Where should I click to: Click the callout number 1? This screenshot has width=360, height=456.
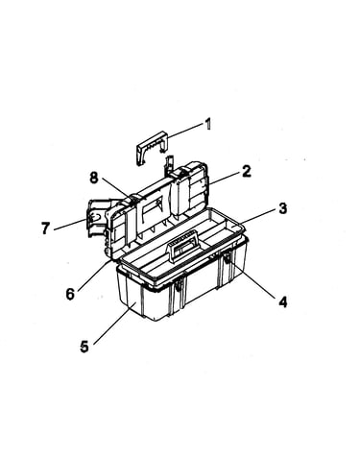click(x=207, y=124)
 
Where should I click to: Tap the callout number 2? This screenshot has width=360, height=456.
click(x=247, y=171)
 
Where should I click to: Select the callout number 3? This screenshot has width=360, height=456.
click(x=282, y=208)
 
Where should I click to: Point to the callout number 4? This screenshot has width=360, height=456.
click(x=283, y=301)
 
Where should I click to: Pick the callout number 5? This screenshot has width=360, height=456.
click(x=84, y=347)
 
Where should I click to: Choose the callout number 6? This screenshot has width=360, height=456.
click(x=71, y=294)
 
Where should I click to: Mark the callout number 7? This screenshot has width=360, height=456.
click(x=45, y=228)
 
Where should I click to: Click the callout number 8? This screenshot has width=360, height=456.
click(x=93, y=178)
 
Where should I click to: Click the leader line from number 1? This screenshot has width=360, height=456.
click(x=185, y=131)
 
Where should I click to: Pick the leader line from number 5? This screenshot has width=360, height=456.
click(x=112, y=324)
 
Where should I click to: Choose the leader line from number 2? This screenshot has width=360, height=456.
click(x=225, y=179)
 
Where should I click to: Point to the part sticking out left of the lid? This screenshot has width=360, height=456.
click(x=97, y=218)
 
